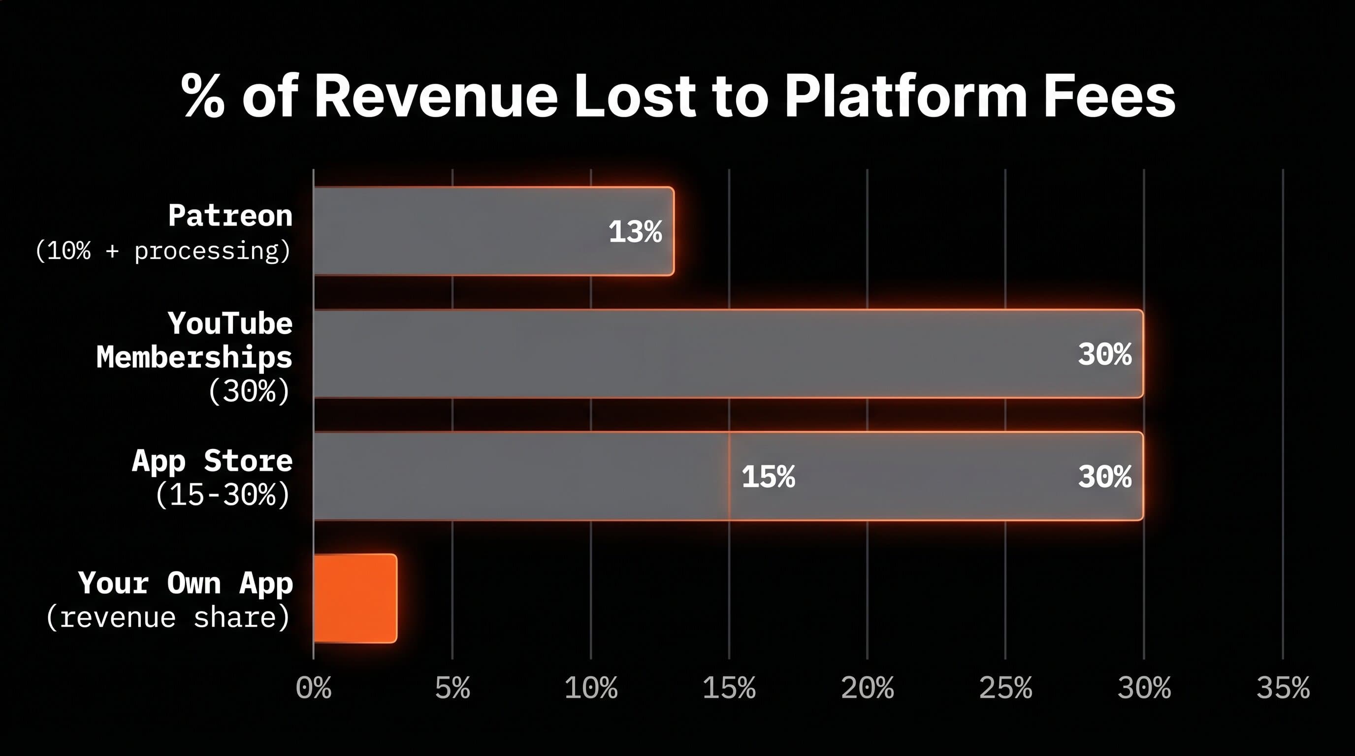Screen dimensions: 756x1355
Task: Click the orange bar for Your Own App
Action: click(355, 598)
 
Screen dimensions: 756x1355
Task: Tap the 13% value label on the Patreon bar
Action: click(635, 231)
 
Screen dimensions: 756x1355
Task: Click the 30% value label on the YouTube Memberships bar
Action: click(1104, 354)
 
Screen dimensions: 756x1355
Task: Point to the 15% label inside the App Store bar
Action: click(768, 477)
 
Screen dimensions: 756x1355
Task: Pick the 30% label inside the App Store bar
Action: click(1104, 477)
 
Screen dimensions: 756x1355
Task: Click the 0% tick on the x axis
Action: click(314, 688)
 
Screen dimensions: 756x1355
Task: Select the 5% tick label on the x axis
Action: click(452, 688)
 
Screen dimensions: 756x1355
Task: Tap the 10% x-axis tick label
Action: click(591, 688)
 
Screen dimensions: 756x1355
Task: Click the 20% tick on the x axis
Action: click(868, 688)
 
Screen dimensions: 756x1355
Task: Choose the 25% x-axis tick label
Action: click(1006, 688)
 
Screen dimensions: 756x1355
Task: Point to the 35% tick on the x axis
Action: click(1283, 688)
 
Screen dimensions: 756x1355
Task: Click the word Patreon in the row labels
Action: click(230, 216)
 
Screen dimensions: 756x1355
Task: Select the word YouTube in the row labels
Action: click(230, 323)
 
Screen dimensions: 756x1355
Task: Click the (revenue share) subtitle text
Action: click(168, 617)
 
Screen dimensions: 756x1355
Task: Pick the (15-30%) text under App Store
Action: click(223, 495)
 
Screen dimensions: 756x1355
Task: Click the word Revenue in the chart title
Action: click(436, 96)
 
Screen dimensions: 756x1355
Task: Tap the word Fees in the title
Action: click(1109, 96)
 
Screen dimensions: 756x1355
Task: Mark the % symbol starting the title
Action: click(202, 96)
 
